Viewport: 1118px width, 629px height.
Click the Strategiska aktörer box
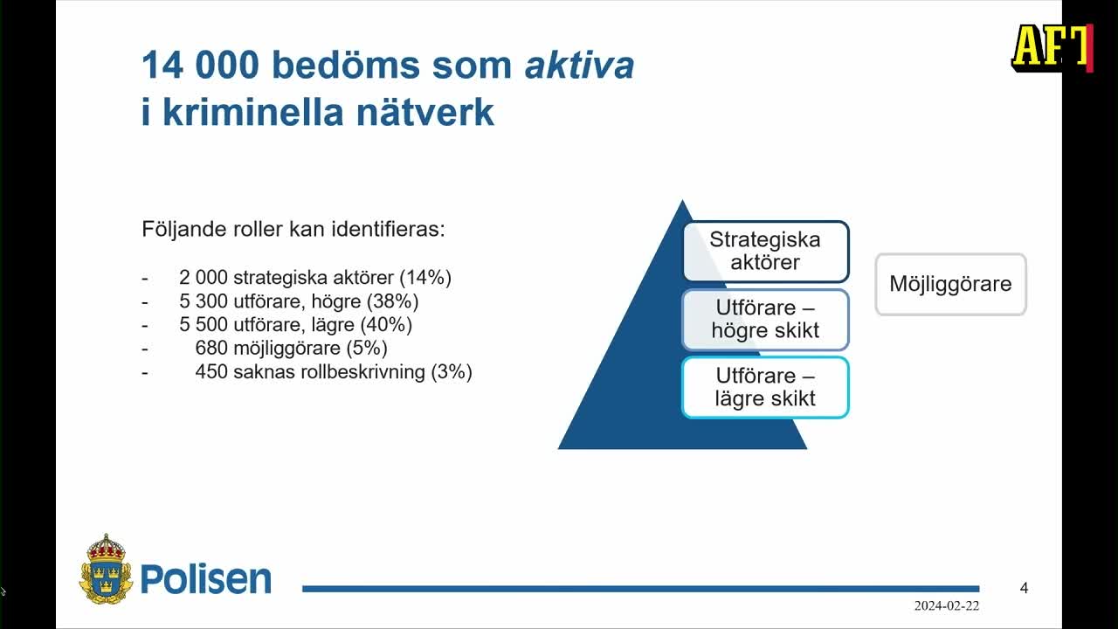click(x=765, y=252)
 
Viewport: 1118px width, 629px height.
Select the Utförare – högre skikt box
click(x=765, y=320)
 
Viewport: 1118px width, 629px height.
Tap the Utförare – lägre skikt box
click(x=765, y=387)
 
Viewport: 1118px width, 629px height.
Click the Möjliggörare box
click(x=950, y=284)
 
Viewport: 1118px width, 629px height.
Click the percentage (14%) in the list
click(x=425, y=278)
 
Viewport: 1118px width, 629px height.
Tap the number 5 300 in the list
click(x=204, y=301)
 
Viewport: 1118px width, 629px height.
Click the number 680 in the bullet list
click(x=211, y=349)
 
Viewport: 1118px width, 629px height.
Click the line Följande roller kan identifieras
click(x=293, y=230)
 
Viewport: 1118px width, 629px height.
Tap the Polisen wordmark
click(x=206, y=578)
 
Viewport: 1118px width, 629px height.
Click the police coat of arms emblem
click(x=106, y=570)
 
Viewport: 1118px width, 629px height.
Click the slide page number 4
click(x=1024, y=588)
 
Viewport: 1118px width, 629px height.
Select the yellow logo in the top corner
click(x=1052, y=47)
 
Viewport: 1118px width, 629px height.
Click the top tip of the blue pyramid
click(x=682, y=203)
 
